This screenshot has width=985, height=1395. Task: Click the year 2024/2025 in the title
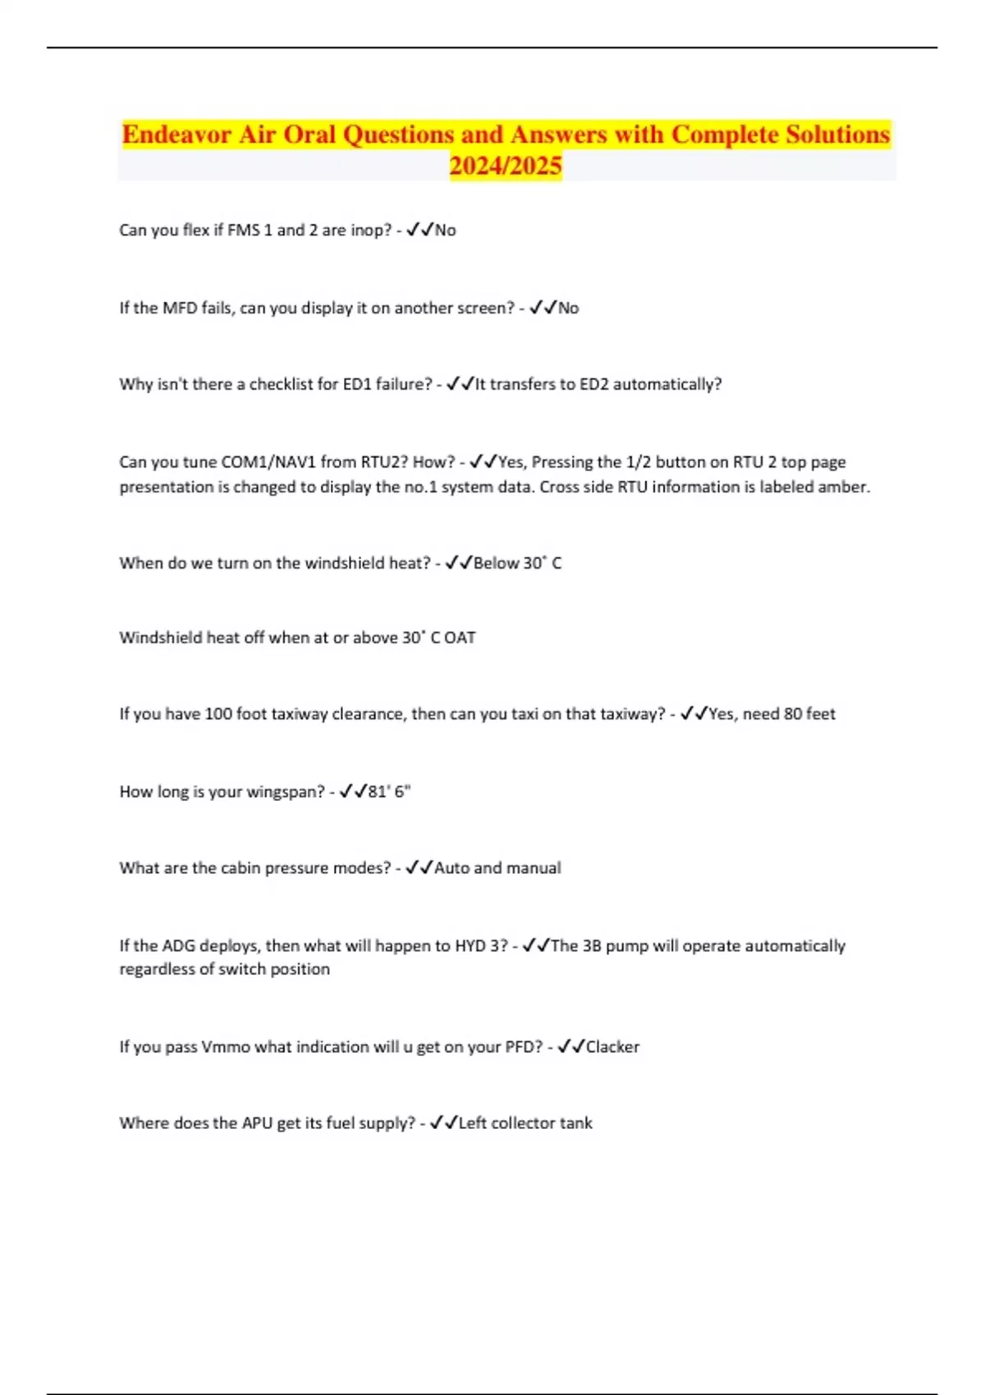pyautogui.click(x=505, y=166)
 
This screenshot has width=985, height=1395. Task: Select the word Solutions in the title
pyautogui.click(x=837, y=134)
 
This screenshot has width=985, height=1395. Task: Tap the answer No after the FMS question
pyautogui.click(x=445, y=231)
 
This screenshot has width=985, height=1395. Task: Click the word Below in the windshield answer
pyautogui.click(x=496, y=564)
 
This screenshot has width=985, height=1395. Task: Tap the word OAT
pyautogui.click(x=460, y=638)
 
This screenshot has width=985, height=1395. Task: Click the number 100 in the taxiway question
pyautogui.click(x=218, y=714)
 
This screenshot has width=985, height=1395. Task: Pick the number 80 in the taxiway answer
pyautogui.click(x=793, y=714)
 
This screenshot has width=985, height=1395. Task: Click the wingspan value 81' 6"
pyautogui.click(x=389, y=792)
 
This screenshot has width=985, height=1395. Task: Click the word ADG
pyautogui.click(x=179, y=946)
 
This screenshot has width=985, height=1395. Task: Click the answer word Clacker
pyautogui.click(x=612, y=1047)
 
